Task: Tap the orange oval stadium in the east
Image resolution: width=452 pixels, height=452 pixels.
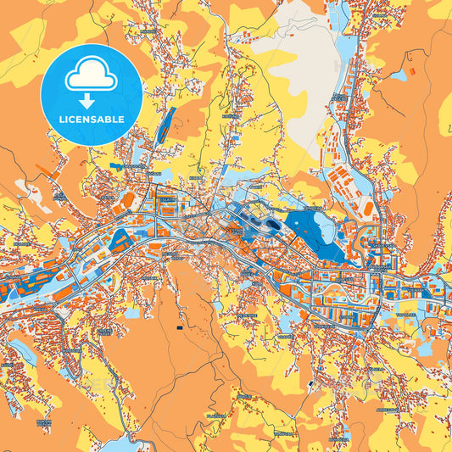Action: [366, 208]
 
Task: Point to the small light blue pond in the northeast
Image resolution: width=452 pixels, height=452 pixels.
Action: [398, 75]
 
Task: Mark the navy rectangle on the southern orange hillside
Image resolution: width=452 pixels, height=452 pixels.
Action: [179, 326]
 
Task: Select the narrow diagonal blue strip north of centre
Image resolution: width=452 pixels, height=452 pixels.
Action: [165, 123]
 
